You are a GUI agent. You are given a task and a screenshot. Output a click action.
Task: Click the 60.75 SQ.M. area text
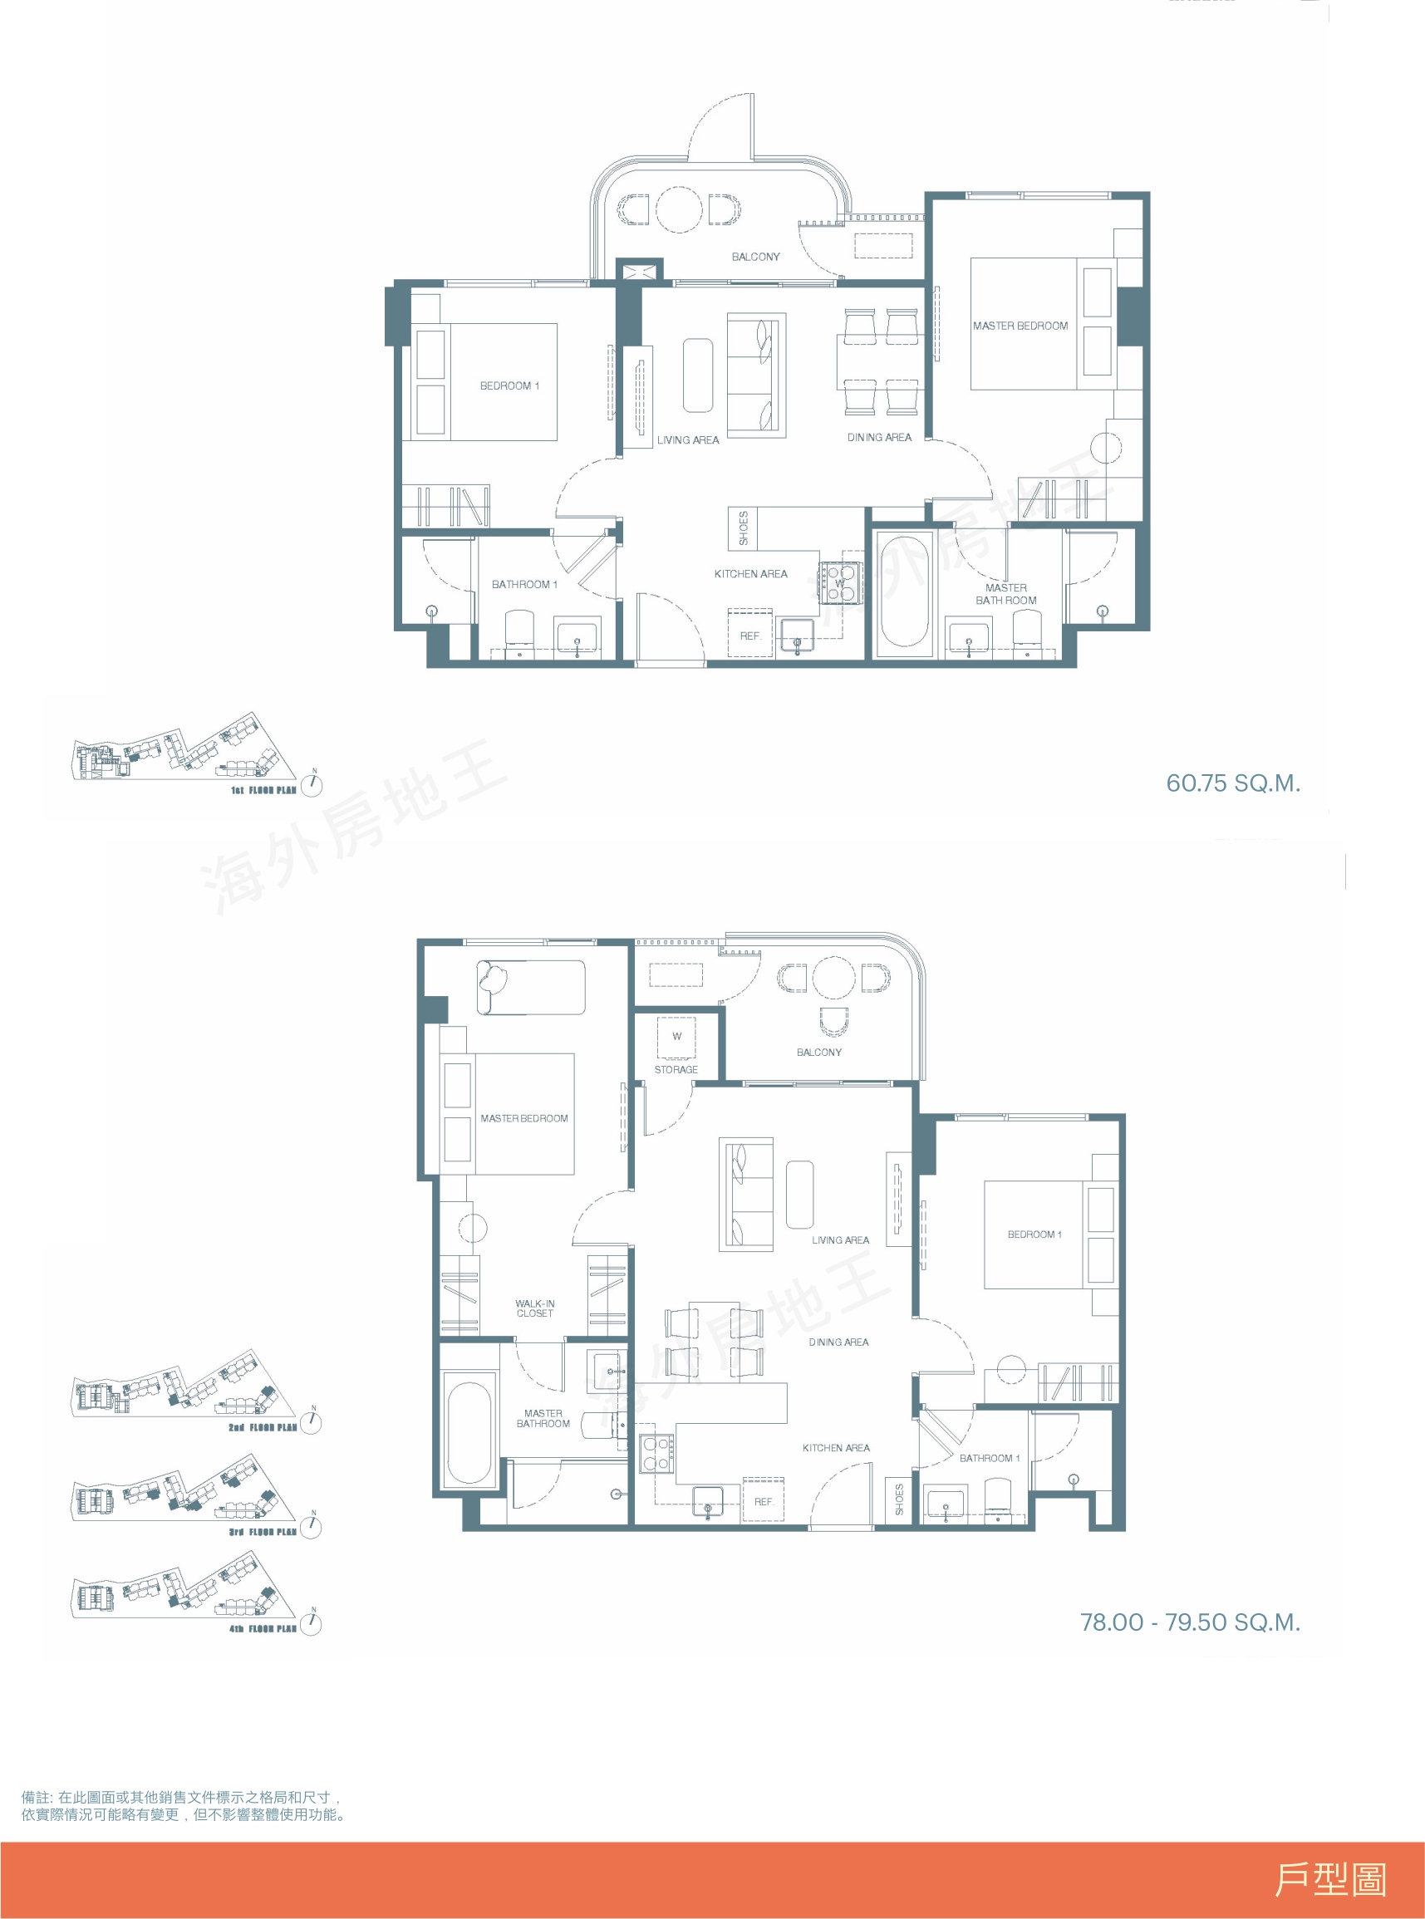click(x=1232, y=783)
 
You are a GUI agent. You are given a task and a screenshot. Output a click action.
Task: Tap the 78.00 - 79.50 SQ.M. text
click(x=1190, y=1622)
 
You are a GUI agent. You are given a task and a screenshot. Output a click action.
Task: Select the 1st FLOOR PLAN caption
click(x=263, y=790)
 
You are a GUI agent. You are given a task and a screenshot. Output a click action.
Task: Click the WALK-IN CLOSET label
click(x=535, y=1308)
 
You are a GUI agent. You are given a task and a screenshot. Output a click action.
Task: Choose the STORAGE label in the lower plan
click(x=676, y=1069)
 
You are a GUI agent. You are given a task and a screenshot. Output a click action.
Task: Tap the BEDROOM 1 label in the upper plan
click(x=510, y=385)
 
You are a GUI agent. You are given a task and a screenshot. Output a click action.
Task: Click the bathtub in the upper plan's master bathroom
click(x=905, y=591)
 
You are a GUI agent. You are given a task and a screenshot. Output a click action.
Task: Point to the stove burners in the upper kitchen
click(x=840, y=582)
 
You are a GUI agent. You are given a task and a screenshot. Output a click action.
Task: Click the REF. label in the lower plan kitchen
click(x=764, y=1502)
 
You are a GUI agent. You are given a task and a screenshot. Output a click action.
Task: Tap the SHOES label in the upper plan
click(x=744, y=528)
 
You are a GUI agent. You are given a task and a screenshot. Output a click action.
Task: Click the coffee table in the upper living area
click(x=699, y=375)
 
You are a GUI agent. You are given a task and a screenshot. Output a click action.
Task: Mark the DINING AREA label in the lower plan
click(x=838, y=1342)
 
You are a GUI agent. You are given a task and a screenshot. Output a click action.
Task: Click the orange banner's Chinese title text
click(x=1330, y=1879)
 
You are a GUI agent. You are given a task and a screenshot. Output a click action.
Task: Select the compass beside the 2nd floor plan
click(x=311, y=1421)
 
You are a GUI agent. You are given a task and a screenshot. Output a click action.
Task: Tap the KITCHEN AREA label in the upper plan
click(x=750, y=573)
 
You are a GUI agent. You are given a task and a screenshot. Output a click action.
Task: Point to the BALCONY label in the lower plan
click(x=819, y=1053)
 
